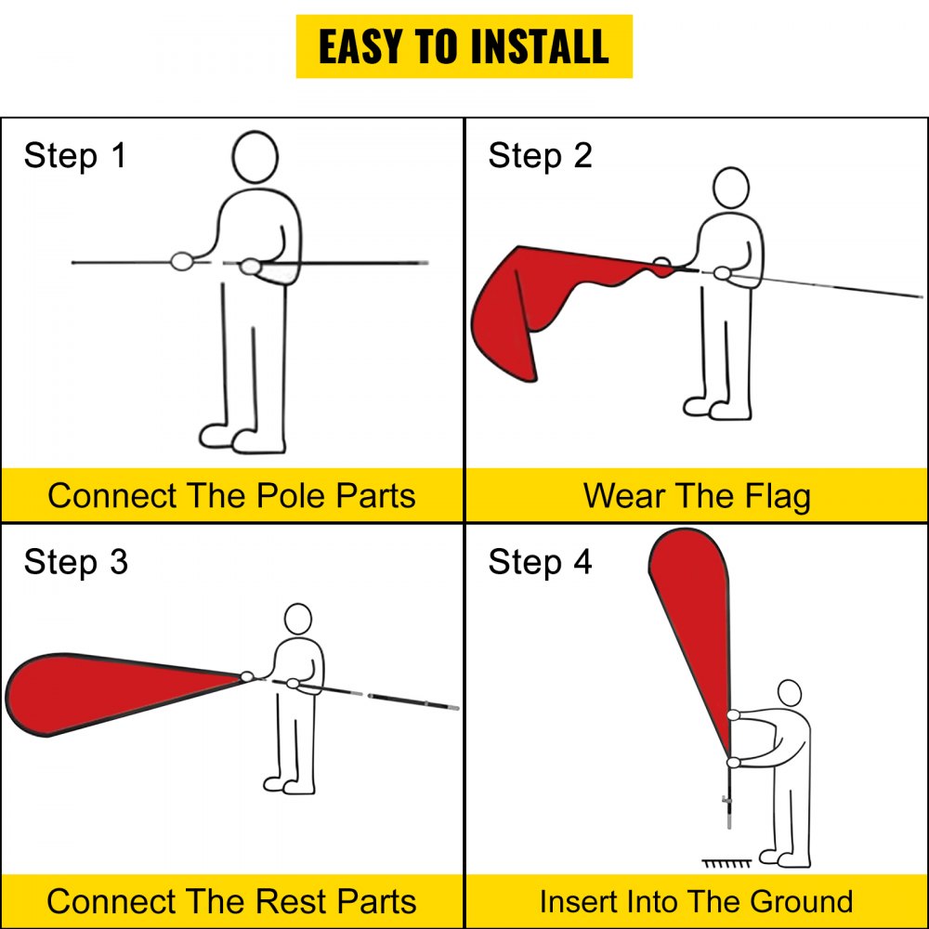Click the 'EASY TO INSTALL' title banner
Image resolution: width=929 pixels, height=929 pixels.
[464, 46]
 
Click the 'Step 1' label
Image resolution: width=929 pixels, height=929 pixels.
[74, 155]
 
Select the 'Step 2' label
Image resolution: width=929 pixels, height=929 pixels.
[540, 155]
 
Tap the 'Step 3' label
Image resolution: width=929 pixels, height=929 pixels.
[75, 562]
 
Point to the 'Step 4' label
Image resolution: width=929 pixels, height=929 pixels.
[540, 562]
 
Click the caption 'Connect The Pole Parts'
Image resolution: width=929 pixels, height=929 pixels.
[231, 495]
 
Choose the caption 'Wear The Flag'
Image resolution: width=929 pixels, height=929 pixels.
[697, 495]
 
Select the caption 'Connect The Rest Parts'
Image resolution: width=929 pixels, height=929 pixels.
[231, 901]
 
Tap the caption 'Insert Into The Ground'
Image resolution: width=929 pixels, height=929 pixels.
[697, 901]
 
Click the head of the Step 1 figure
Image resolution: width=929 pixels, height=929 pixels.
[255, 157]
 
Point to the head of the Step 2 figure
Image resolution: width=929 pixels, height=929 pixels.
[731, 188]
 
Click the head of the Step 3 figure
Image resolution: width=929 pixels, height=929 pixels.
[297, 620]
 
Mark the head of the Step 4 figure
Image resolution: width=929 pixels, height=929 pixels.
[789, 693]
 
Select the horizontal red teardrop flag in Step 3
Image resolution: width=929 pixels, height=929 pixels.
[102, 693]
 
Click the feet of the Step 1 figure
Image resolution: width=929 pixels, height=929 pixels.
[242, 438]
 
